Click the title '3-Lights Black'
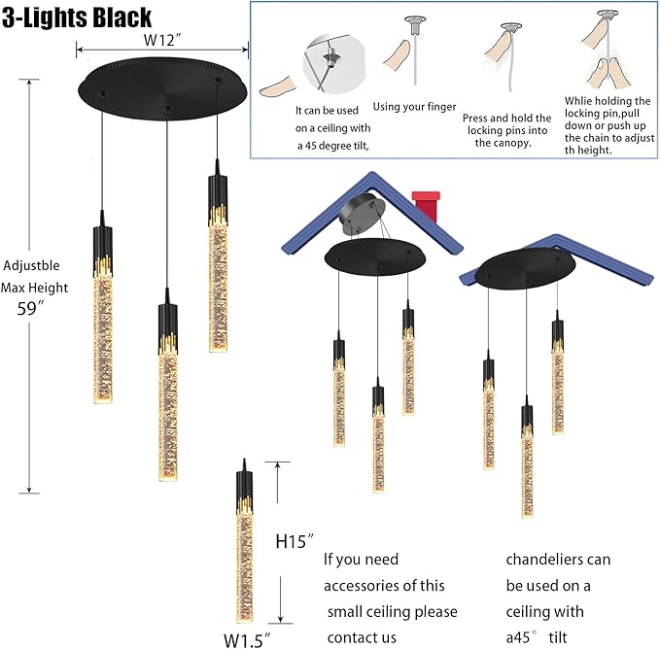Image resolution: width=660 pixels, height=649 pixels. (x=78, y=17)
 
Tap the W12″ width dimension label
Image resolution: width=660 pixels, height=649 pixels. (x=163, y=41)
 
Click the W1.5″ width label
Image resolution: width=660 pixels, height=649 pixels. (x=246, y=639)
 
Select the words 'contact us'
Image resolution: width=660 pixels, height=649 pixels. (x=362, y=637)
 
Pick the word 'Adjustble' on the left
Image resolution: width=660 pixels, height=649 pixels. (x=31, y=264)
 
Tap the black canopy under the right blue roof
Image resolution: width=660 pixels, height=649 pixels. (x=525, y=266)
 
